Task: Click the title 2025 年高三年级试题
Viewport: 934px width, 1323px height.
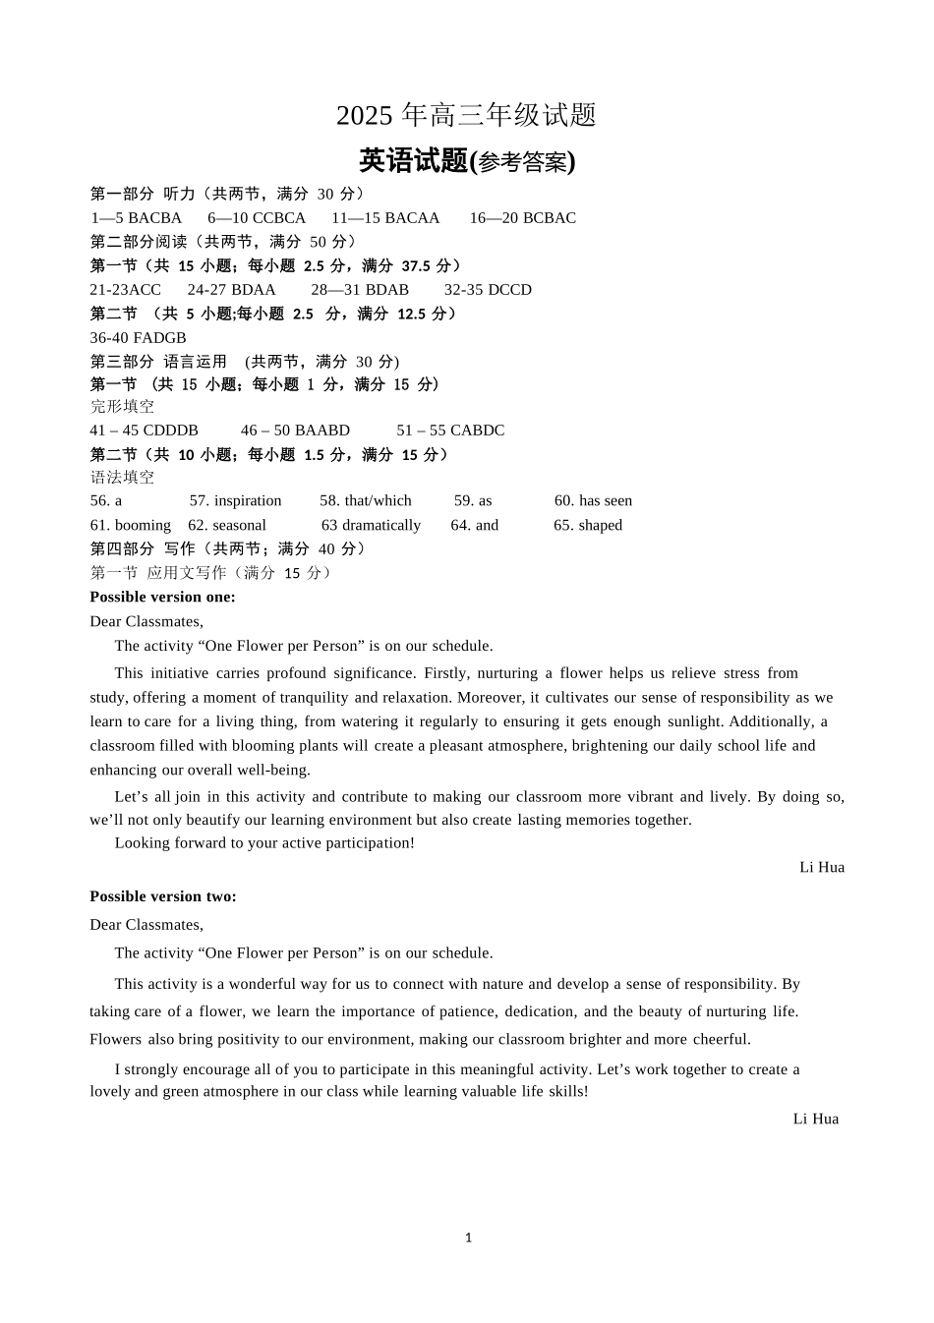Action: [466, 116]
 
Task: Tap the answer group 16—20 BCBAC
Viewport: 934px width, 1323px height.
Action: [522, 218]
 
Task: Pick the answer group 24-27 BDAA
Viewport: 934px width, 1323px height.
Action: [231, 290]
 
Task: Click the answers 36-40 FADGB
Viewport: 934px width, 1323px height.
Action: [138, 338]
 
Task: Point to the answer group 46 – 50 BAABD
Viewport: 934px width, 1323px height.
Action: [295, 431]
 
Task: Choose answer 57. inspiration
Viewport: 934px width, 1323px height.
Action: [235, 501]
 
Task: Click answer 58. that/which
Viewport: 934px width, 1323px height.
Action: [365, 501]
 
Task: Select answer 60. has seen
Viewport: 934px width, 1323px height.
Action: [593, 501]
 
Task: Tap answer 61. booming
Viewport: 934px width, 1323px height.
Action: [130, 526]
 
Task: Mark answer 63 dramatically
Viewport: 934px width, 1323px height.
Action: [371, 526]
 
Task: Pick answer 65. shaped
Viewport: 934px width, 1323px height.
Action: [588, 526]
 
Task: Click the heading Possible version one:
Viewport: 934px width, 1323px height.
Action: [162, 598]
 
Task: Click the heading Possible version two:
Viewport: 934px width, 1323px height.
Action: [163, 896]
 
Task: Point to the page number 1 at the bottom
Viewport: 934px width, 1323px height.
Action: [468, 1238]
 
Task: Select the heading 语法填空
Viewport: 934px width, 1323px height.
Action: [122, 478]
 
